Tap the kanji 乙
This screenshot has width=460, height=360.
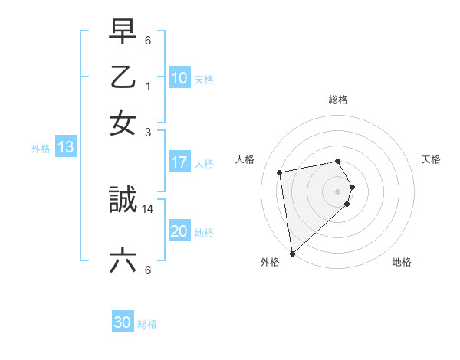(123, 77)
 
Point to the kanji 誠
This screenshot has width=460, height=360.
(123, 201)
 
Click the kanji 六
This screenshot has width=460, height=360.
(123, 261)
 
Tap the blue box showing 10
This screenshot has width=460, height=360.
(179, 79)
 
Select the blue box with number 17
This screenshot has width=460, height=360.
(179, 162)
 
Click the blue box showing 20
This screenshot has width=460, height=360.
(179, 232)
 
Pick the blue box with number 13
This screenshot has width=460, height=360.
(65, 148)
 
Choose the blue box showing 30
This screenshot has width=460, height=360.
(123, 323)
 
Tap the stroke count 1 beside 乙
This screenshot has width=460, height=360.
(148, 86)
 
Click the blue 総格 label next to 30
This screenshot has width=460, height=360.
(147, 324)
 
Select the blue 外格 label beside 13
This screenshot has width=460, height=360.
(41, 149)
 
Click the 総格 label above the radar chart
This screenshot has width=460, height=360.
(337, 100)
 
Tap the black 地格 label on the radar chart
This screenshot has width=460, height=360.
(402, 262)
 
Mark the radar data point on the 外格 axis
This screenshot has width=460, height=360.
(292, 253)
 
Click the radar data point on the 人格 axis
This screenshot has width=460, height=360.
(281, 172)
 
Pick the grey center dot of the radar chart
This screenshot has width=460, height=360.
(338, 191)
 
